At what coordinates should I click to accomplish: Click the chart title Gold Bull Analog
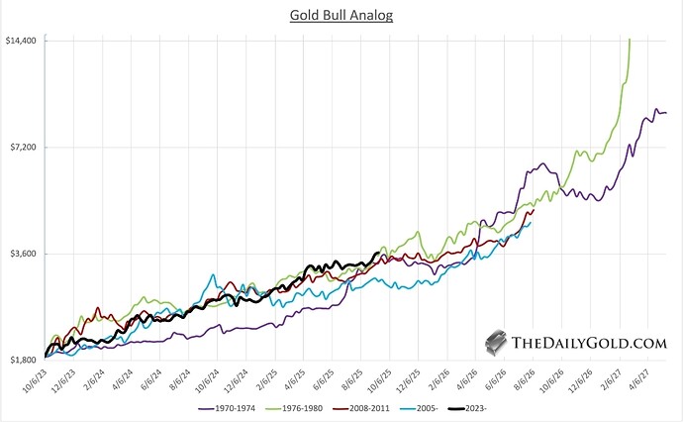[341, 16]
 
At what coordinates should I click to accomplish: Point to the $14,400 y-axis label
[22, 41]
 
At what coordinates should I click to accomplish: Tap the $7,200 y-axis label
[23, 147]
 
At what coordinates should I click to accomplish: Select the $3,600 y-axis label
[23, 253]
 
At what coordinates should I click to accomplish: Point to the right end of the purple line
[667, 112]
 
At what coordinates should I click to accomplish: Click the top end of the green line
[630, 40]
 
